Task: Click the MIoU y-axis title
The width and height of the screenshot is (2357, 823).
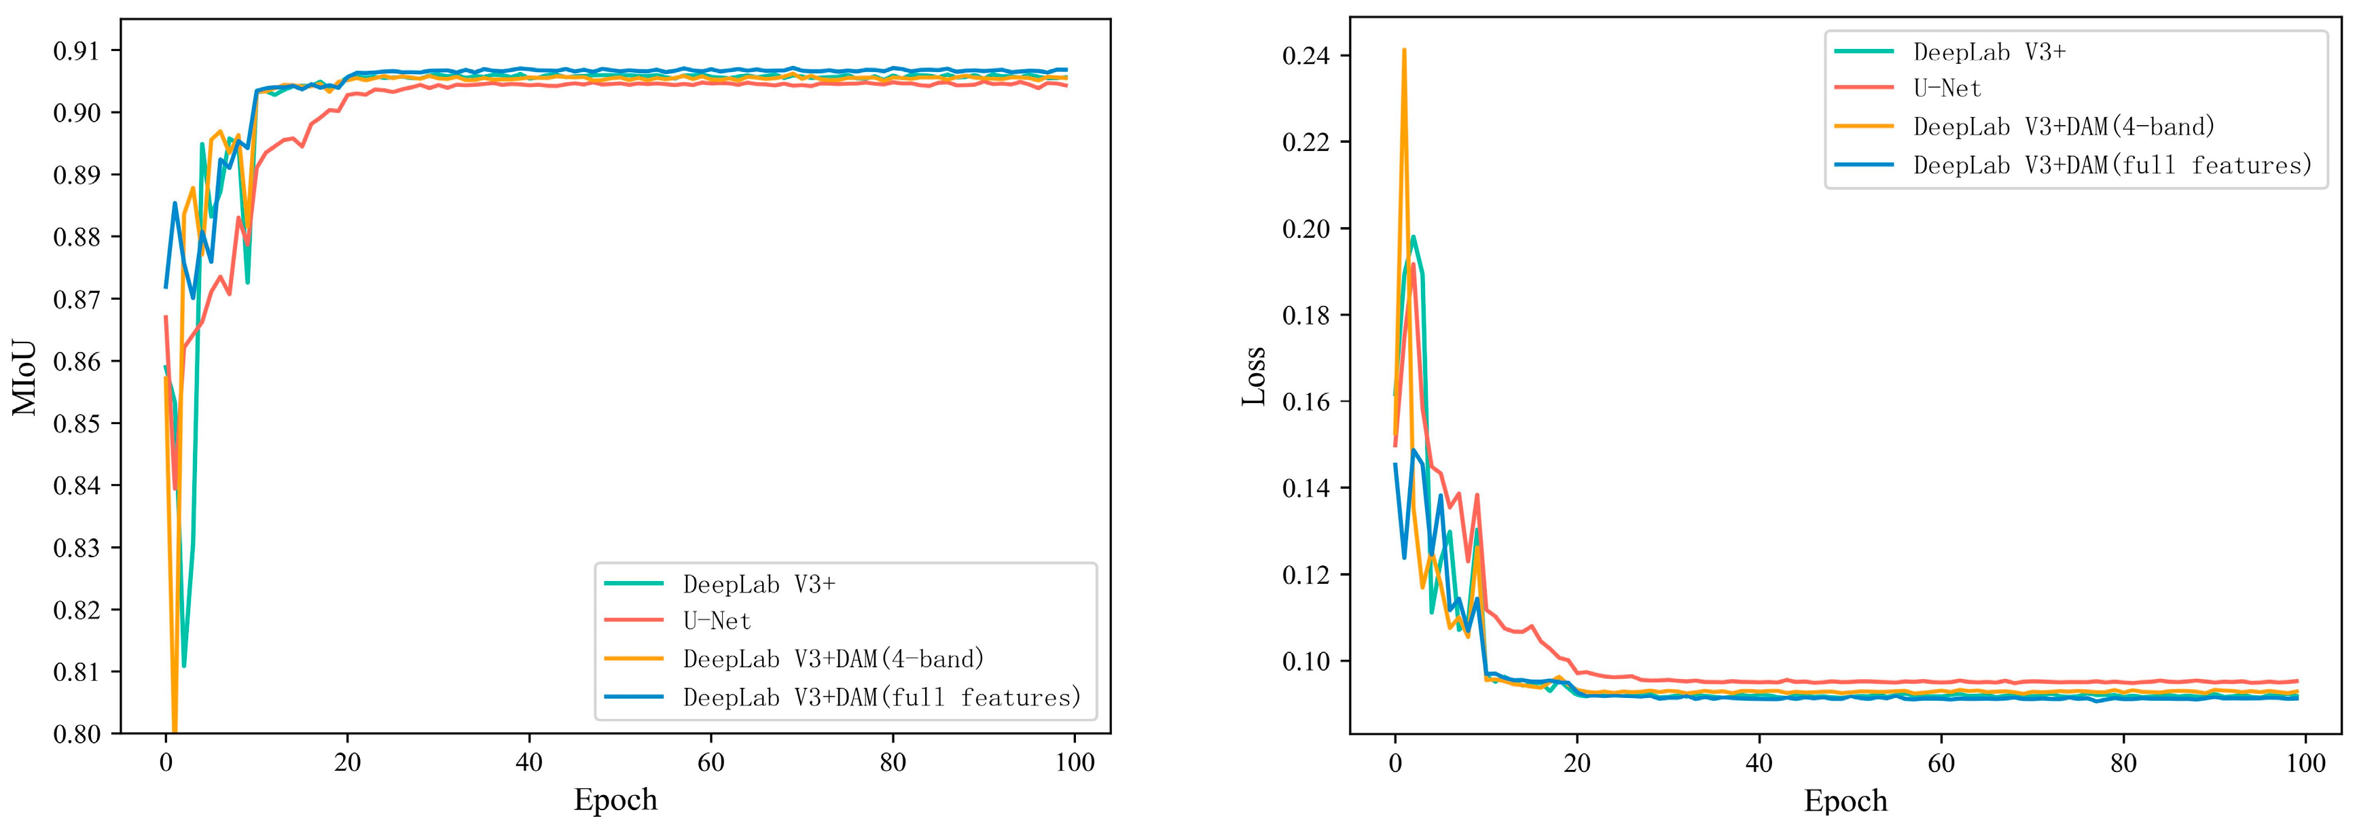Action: (24, 378)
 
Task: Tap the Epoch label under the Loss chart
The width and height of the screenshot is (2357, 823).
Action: (1845, 799)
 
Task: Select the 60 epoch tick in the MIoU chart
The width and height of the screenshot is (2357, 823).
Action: (711, 762)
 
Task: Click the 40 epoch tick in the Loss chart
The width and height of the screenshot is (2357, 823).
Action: (1759, 762)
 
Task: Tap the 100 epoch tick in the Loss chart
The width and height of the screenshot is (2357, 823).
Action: (2305, 762)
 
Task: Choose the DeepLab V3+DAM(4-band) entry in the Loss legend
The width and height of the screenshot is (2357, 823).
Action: (2064, 126)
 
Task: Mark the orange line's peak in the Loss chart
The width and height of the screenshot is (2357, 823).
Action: (1403, 50)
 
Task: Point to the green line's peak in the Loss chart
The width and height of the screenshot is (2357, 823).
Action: (1414, 237)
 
